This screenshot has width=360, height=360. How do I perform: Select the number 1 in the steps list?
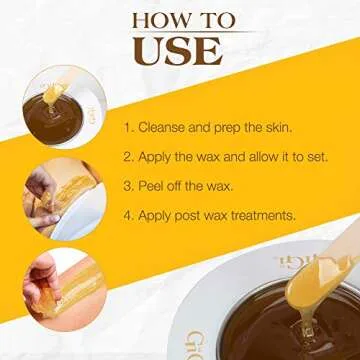coord(127,128)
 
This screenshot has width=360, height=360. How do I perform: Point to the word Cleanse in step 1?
coord(164,128)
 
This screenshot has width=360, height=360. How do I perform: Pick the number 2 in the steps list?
coord(127,156)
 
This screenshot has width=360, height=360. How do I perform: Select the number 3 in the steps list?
coord(127,185)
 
